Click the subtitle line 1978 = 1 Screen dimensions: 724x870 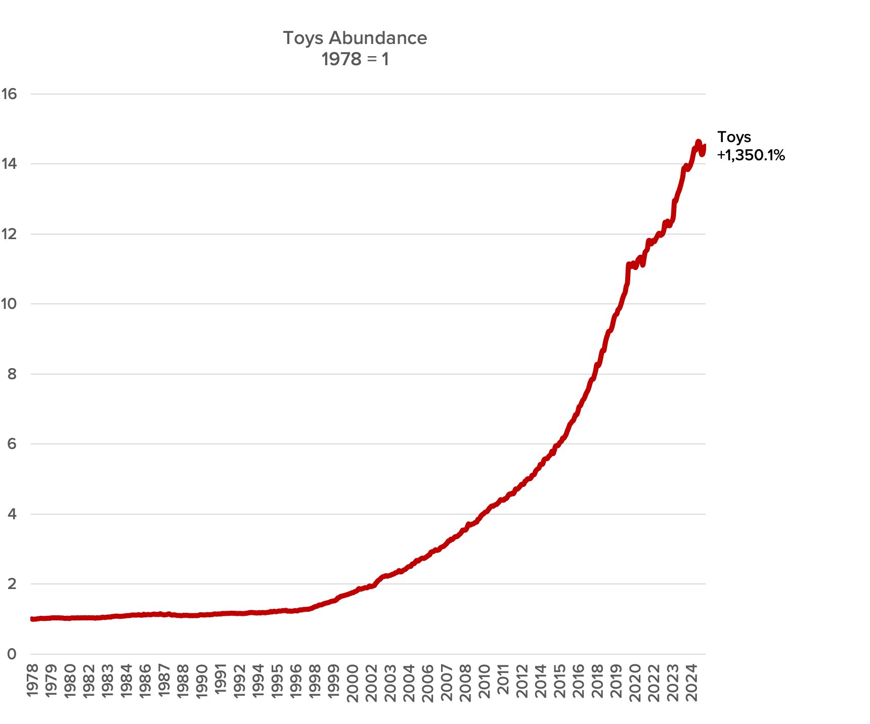click(x=355, y=60)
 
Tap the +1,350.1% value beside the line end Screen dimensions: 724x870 click(x=751, y=155)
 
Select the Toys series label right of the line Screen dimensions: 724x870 click(x=734, y=137)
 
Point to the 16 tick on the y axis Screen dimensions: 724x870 click(x=9, y=94)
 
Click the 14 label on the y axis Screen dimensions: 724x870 click(x=9, y=164)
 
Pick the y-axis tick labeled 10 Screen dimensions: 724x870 click(x=9, y=304)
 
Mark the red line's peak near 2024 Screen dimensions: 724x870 click(x=698, y=142)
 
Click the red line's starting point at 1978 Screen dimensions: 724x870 click(x=32, y=619)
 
